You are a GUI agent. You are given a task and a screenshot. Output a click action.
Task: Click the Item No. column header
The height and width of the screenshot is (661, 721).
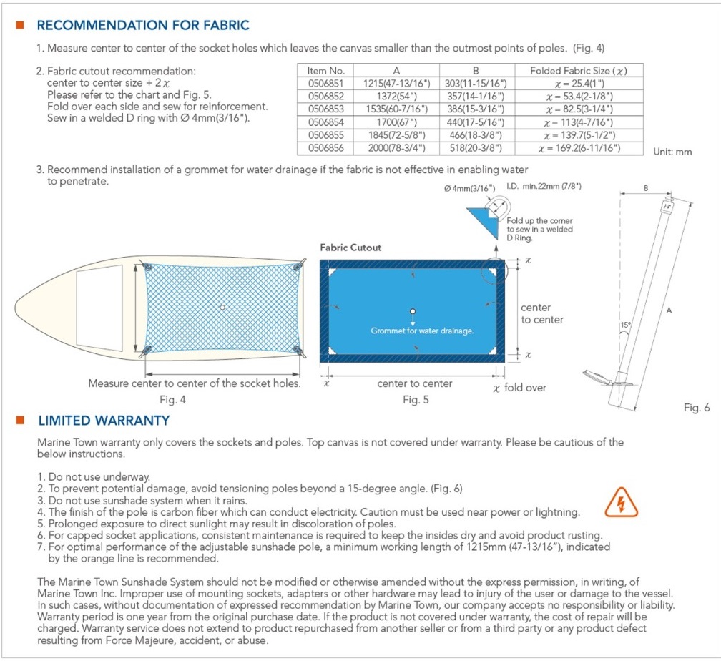point(325,70)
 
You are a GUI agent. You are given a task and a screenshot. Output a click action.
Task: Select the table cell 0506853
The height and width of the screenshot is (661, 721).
point(325,109)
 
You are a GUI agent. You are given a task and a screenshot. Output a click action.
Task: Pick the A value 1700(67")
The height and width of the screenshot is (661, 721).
point(396,122)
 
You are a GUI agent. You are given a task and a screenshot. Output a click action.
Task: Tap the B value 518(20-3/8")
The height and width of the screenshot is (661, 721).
point(476,148)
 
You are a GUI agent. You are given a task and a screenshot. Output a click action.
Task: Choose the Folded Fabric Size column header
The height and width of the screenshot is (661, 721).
point(579,70)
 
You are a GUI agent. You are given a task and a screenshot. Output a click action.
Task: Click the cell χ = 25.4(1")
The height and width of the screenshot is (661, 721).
point(579,83)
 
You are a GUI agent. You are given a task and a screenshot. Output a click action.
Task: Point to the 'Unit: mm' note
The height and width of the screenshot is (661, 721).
point(672,152)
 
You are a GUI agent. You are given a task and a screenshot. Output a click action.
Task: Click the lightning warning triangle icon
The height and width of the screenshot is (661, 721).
point(621,503)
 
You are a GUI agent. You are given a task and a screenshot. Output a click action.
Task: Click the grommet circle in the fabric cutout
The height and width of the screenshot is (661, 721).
point(413,311)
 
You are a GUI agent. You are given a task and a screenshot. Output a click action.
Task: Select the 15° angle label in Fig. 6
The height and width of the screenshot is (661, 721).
point(626,325)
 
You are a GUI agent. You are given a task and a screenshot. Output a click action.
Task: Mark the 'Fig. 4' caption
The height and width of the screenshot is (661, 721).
point(172,400)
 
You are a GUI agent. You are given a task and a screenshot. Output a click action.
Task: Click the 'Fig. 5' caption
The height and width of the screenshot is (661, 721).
point(416,400)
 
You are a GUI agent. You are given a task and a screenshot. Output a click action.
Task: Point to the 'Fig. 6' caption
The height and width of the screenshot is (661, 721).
point(697,408)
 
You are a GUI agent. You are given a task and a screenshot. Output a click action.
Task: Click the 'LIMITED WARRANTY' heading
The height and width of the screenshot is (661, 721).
point(104,421)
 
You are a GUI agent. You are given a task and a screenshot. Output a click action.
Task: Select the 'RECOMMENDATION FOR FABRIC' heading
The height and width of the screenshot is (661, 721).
point(143,25)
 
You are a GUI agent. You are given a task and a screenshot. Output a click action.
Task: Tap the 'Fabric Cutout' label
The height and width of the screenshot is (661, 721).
point(350,248)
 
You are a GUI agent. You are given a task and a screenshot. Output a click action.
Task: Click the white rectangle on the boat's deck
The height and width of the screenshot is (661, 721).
point(99,308)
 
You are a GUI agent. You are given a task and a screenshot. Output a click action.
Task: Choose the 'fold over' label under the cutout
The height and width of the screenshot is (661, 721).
point(525,388)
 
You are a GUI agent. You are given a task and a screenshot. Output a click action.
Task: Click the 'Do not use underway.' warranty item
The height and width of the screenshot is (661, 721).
point(99,477)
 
